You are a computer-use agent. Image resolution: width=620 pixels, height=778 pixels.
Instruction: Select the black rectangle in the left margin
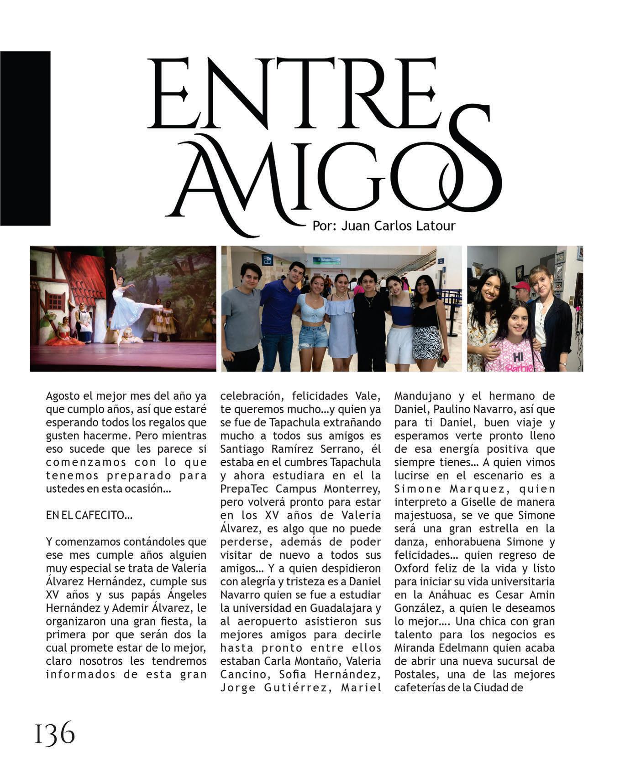[x=25, y=138]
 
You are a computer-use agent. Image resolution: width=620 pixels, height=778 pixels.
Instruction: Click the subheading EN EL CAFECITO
[x=89, y=515]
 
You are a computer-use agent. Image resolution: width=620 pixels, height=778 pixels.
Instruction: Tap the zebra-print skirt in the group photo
[x=427, y=342]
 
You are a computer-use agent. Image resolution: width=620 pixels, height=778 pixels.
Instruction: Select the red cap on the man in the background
[x=521, y=287]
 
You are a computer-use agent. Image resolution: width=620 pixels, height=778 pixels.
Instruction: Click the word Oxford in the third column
[x=411, y=568]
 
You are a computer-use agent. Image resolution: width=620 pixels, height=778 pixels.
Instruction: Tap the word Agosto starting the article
[x=63, y=396]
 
